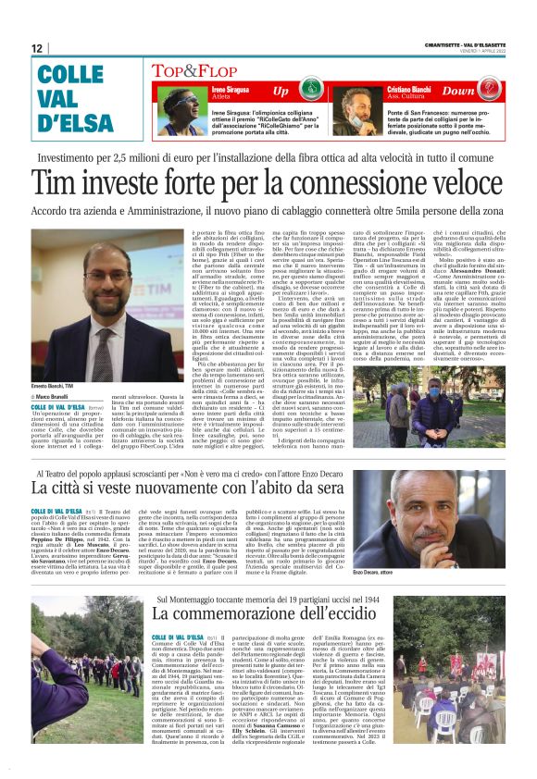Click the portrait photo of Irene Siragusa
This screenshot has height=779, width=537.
point(179,102)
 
